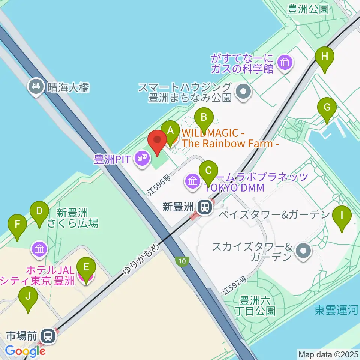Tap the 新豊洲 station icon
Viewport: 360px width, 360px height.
[x=205, y=207]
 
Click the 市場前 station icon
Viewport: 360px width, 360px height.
[x=48, y=335]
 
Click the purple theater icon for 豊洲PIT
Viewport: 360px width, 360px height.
[x=141, y=160]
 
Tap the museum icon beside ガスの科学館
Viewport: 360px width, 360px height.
[x=285, y=62]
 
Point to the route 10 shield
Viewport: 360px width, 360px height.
[x=182, y=261]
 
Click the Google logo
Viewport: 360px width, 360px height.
[x=25, y=351]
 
